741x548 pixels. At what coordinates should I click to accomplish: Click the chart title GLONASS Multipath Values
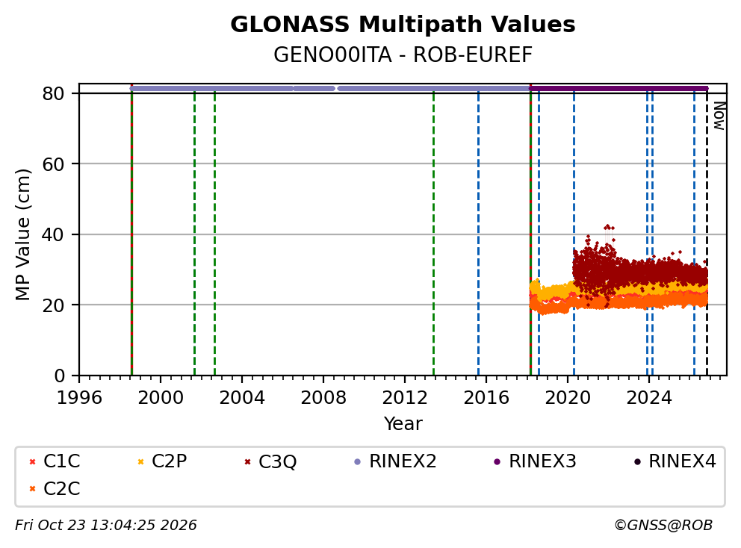click(x=403, y=25)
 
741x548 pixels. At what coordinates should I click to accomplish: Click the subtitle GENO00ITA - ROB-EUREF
click(x=403, y=55)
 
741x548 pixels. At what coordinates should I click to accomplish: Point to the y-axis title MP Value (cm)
click(x=22, y=234)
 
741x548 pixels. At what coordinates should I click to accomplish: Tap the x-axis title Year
click(x=403, y=424)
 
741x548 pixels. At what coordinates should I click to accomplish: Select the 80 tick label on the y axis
click(x=53, y=93)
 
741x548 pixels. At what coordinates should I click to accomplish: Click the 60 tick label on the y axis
click(x=53, y=164)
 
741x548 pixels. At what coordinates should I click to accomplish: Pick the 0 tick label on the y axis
click(x=60, y=376)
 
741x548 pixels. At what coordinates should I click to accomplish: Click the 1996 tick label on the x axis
click(x=79, y=398)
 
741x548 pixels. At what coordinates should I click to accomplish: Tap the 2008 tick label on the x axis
click(x=323, y=398)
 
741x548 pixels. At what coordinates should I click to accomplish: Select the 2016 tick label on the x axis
click(x=486, y=398)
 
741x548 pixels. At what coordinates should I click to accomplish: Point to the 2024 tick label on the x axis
click(x=649, y=398)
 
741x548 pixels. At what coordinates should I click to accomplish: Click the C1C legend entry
click(x=55, y=461)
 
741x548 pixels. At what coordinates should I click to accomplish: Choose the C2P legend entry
click(x=162, y=461)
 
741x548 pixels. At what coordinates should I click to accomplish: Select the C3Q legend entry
click(x=270, y=461)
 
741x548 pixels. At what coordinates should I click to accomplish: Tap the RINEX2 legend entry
click(x=395, y=461)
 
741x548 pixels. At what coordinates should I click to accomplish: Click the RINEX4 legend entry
click(x=675, y=461)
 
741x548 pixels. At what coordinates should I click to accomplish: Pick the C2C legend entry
click(x=55, y=489)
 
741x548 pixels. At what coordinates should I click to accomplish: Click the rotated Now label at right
click(x=719, y=116)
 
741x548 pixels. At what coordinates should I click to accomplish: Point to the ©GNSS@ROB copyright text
click(x=663, y=526)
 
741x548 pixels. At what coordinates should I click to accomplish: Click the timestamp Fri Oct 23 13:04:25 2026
click(x=106, y=526)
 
